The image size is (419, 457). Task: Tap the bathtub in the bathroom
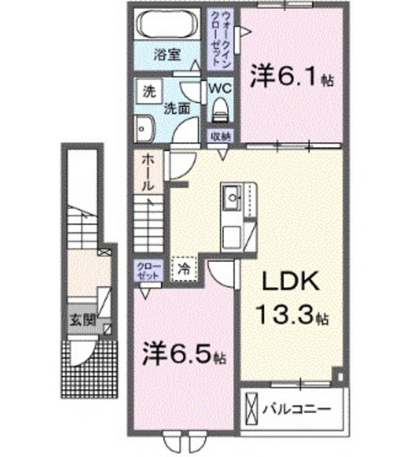click(x=168, y=24)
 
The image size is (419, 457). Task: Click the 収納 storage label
click(x=221, y=136)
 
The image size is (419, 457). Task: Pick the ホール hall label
click(x=147, y=173)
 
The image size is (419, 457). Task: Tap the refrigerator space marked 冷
click(x=184, y=266)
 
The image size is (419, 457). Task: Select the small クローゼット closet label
click(x=149, y=271)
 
